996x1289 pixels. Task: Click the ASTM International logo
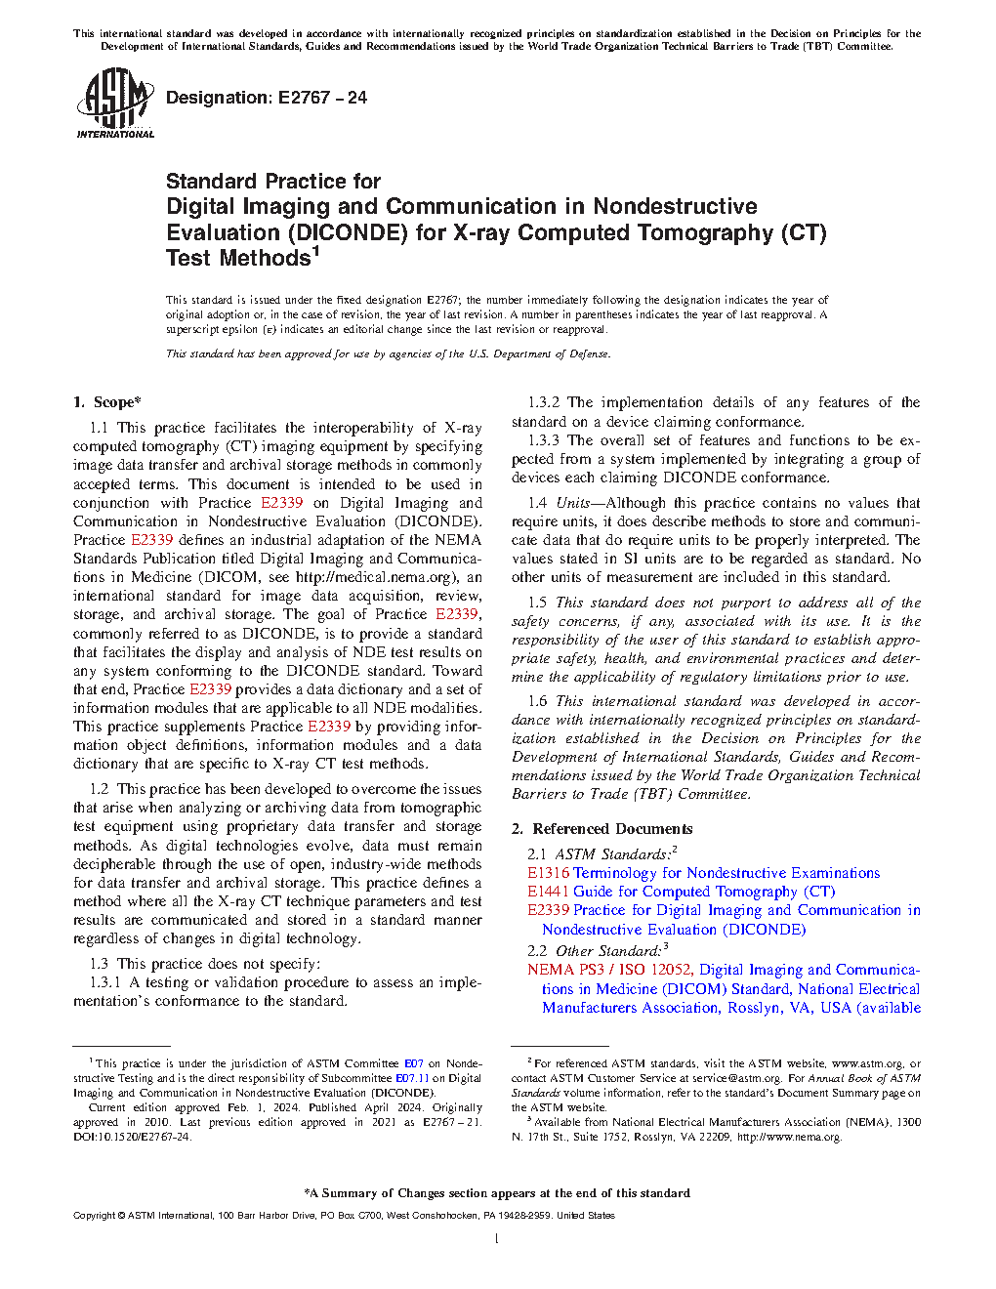(x=115, y=103)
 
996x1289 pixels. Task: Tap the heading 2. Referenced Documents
(x=602, y=829)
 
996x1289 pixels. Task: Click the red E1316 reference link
(x=548, y=873)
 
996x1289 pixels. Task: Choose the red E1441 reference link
(x=548, y=892)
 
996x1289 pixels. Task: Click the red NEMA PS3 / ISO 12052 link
(x=609, y=970)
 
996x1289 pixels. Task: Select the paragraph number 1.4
(x=537, y=503)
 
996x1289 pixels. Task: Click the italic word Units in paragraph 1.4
(x=572, y=503)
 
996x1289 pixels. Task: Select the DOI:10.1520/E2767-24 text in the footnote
(x=132, y=1137)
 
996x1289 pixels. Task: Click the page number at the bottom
(x=497, y=1239)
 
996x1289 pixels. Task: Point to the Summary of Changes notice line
(x=497, y=1193)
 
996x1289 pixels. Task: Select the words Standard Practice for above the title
(x=272, y=182)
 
